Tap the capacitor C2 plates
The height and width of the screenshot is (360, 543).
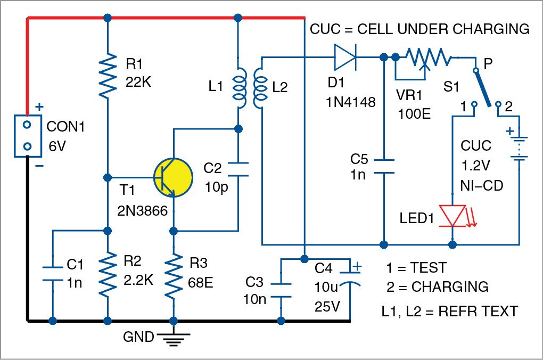pyautogui.click(x=238, y=169)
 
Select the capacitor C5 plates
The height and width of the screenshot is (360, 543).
pyautogui.click(x=383, y=166)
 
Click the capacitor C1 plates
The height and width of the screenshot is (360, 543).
pyautogui.click(x=53, y=272)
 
